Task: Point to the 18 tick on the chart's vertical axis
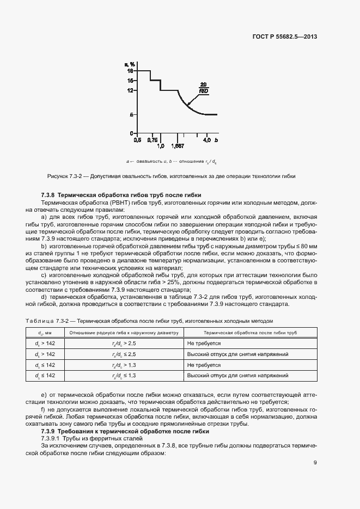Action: point(130,71)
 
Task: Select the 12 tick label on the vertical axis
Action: point(130,90)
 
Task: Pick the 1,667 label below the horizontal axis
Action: point(177,146)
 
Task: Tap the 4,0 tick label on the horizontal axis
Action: point(207,139)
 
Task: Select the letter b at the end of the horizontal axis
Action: point(216,139)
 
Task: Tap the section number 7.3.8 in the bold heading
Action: point(48,194)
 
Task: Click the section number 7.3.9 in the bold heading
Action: point(48,416)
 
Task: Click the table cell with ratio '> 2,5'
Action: point(124,344)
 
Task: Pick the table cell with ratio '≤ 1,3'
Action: point(124,376)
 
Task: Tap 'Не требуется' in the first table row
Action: point(204,344)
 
